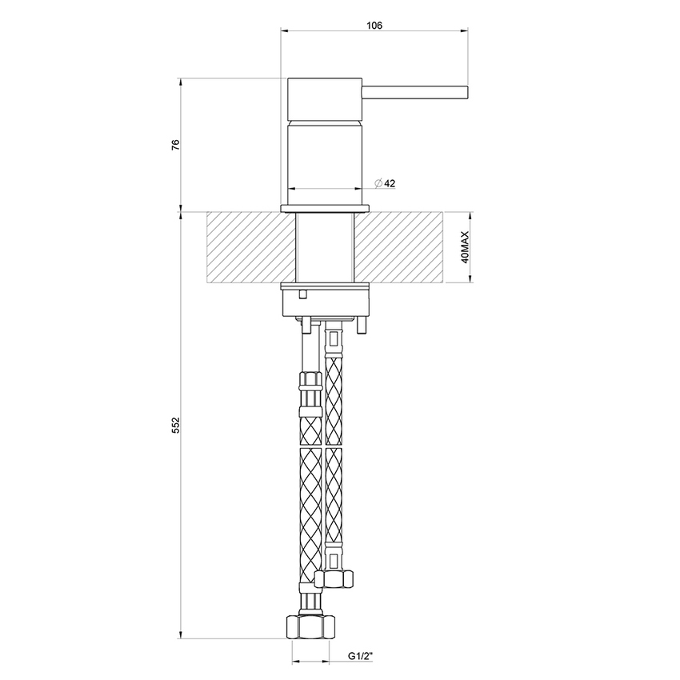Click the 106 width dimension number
pyautogui.click(x=374, y=26)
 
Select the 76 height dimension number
pyautogui.click(x=176, y=145)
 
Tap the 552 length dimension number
pyautogui.click(x=176, y=425)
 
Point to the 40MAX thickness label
pyautogui.click(x=465, y=247)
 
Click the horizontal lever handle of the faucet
pyautogui.click(x=416, y=90)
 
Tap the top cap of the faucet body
pyautogui.click(x=326, y=99)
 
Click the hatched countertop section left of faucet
pyautogui.click(x=250, y=247)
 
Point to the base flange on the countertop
pyautogui.click(x=326, y=209)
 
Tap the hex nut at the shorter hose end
pyautogui.click(x=334, y=574)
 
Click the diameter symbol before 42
pyautogui.click(x=378, y=183)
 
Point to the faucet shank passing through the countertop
pyautogui.click(x=326, y=247)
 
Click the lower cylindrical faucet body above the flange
pyautogui.click(x=326, y=160)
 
